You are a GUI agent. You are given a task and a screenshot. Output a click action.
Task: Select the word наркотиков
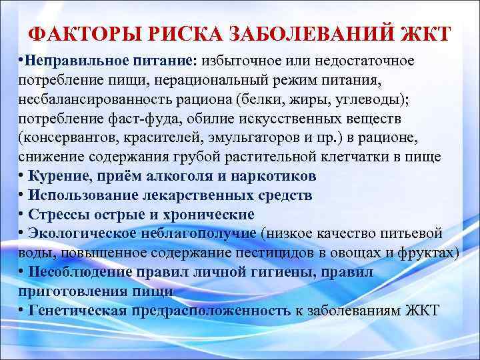tap(275, 177)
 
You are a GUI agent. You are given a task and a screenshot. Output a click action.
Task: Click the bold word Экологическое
tap(79, 234)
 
